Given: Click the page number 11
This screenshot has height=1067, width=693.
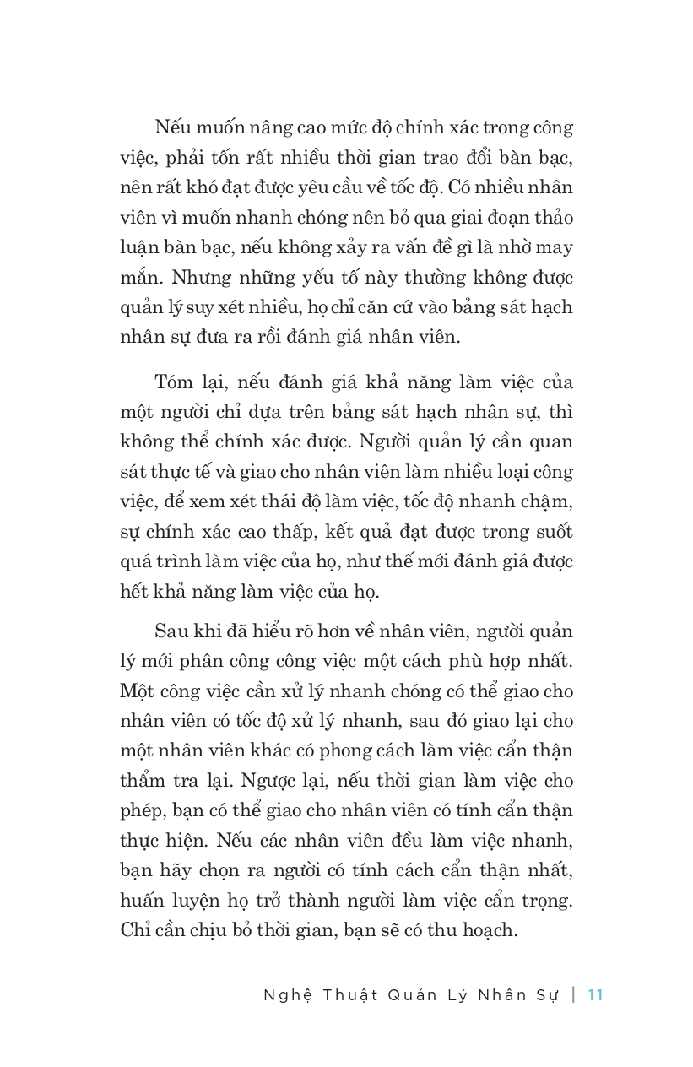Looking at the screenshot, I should point(595,994).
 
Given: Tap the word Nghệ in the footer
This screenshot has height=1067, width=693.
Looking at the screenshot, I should point(289,995).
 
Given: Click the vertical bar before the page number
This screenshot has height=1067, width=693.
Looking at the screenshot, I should point(574,994).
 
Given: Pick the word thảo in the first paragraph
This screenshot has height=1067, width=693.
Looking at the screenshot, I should point(550,218).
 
